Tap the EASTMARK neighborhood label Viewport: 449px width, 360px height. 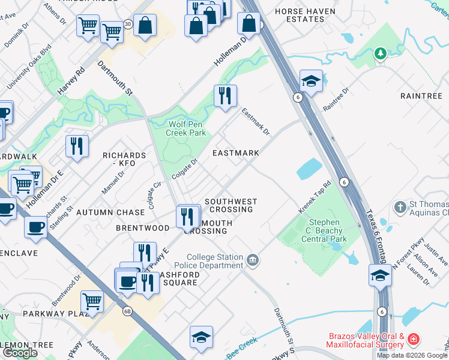point(236,153)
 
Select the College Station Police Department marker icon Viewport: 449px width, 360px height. point(253,260)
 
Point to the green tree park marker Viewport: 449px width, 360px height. point(379,55)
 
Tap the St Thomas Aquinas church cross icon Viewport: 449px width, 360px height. point(400,208)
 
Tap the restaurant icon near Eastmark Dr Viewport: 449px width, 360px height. point(225,95)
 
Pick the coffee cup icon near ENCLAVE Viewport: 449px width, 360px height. point(35,227)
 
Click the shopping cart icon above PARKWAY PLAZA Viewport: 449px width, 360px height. point(91,301)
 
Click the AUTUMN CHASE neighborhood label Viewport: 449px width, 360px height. point(118,212)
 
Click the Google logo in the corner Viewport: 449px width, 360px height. point(20,352)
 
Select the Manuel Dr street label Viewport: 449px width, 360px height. point(113,182)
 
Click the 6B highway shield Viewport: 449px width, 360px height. point(127,311)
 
